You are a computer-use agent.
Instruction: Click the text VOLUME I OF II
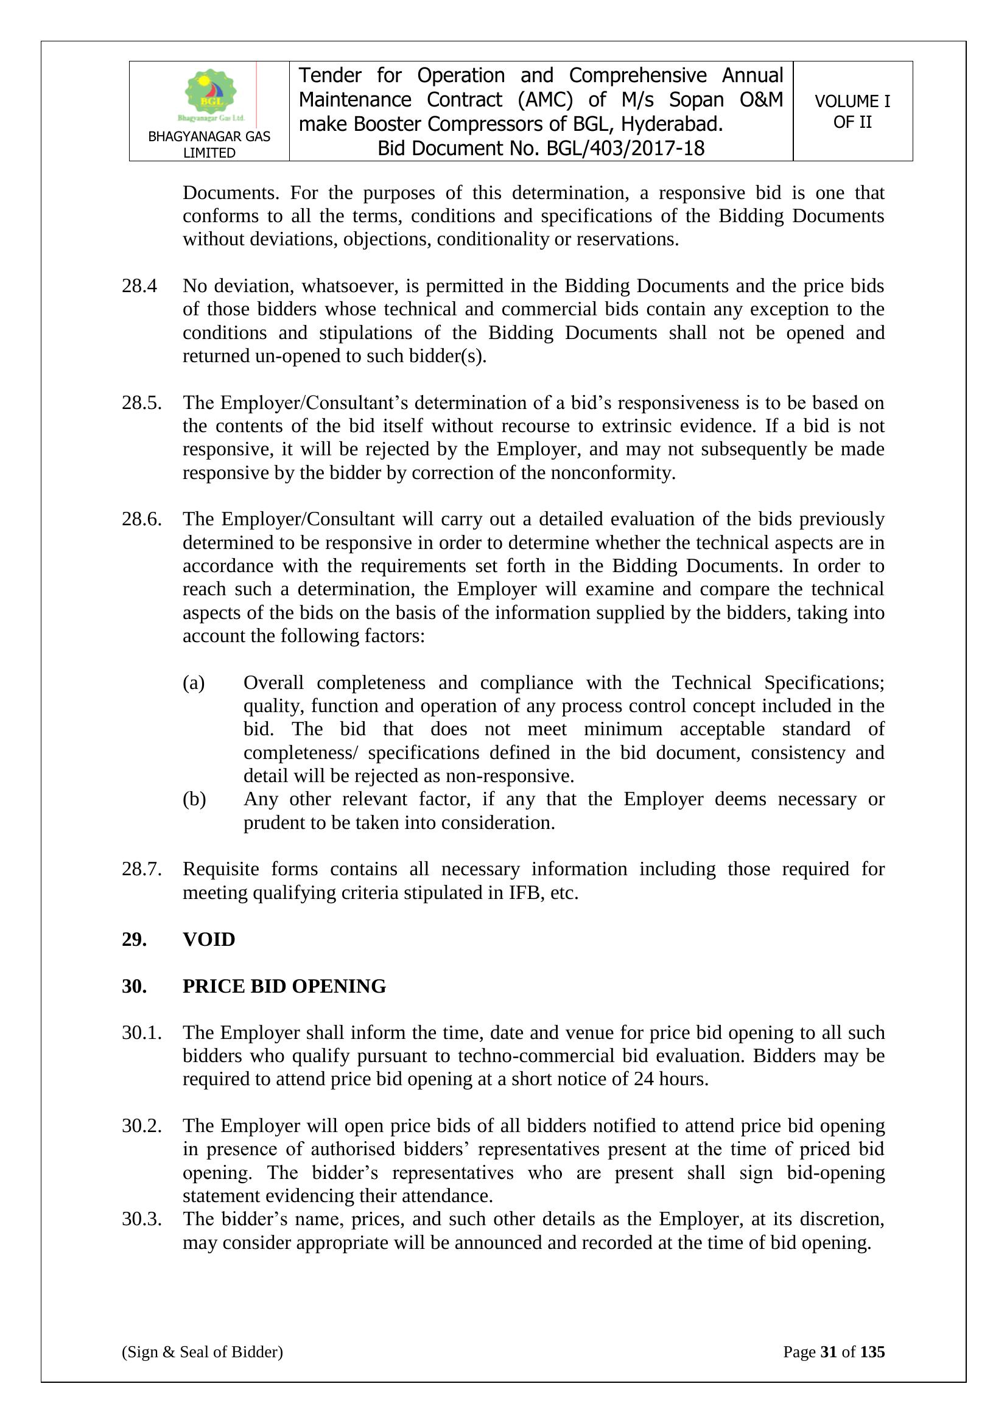click(852, 111)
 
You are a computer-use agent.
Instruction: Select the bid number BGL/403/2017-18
click(625, 149)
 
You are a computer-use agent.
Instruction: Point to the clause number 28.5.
click(141, 403)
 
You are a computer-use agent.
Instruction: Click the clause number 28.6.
click(141, 519)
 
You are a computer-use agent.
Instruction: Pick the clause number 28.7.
click(141, 869)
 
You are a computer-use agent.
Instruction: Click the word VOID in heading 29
click(209, 940)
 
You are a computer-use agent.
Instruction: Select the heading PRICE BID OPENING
click(284, 986)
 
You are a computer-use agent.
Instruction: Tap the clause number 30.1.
click(141, 1032)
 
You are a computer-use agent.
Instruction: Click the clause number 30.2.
click(141, 1125)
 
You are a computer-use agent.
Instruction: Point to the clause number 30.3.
click(141, 1219)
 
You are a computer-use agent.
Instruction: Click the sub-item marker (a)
click(194, 682)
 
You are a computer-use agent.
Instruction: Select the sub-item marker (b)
click(194, 799)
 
